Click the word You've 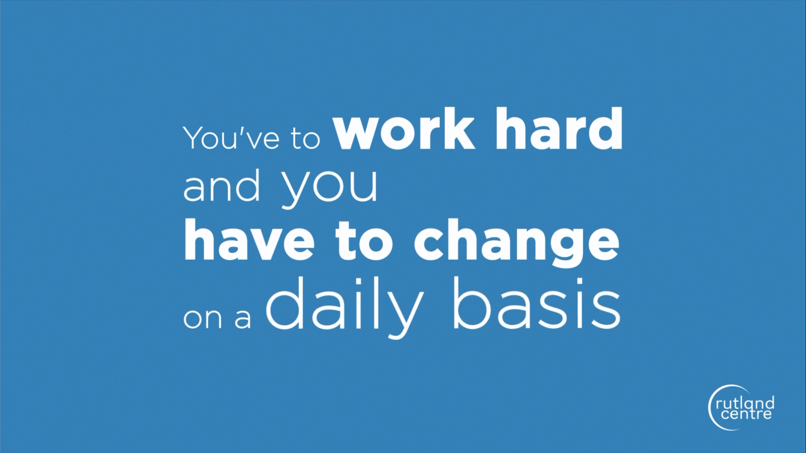[232, 138]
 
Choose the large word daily [345, 307]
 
